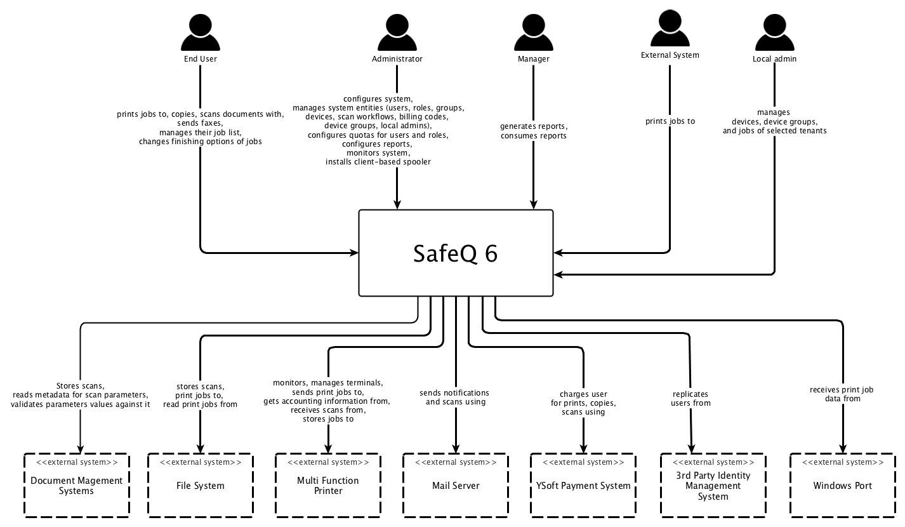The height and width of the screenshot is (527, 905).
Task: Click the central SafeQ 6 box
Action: pyautogui.click(x=456, y=253)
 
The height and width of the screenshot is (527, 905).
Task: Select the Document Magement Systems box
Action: pyautogui.click(x=76, y=485)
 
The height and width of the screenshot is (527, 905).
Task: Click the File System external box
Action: pyautogui.click(x=201, y=485)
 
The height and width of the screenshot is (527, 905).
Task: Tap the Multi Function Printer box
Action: pyautogui.click(x=328, y=485)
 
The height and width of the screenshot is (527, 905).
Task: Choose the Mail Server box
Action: pyautogui.click(x=456, y=485)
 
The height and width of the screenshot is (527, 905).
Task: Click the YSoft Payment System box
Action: pyautogui.click(x=583, y=485)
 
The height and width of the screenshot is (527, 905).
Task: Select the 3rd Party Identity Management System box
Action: pyautogui.click(x=713, y=485)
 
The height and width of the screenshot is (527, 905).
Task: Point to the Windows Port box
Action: pyautogui.click(x=843, y=485)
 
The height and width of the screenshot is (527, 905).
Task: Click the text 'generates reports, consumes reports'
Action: pyautogui.click(x=533, y=131)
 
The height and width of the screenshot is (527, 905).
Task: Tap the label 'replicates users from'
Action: pyautogui.click(x=690, y=398)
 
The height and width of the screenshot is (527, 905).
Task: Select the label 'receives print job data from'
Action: pyautogui.click(x=842, y=394)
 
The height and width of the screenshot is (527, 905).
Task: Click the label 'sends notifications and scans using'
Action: pyautogui.click(x=455, y=397)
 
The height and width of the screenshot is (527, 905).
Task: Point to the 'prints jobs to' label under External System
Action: pyautogui.click(x=670, y=121)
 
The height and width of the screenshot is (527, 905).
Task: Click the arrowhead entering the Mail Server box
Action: pyautogui.click(x=456, y=448)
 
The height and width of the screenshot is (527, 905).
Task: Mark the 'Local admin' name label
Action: pyautogui.click(x=774, y=59)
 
